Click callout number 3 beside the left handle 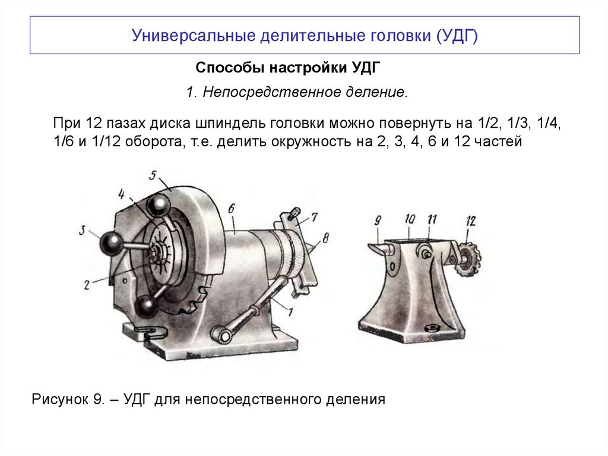tap(82, 230)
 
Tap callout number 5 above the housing tap(153, 175)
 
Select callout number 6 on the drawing tap(232, 209)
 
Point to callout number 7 tap(314, 217)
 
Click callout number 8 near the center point tap(325, 238)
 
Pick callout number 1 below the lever tap(290, 312)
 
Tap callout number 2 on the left tap(87, 285)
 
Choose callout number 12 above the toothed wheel tap(471, 221)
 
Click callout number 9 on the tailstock tap(378, 221)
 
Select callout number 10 tap(410, 219)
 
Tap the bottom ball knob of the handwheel tap(146, 307)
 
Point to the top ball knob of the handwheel tap(159, 205)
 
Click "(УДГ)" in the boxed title tap(457, 35)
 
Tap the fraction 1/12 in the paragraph tap(106, 141)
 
